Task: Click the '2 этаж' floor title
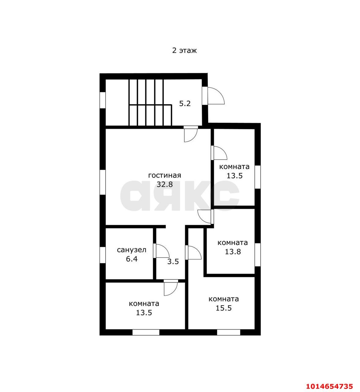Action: point(184,51)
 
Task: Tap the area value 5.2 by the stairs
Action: point(185,104)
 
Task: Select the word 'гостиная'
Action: point(164,175)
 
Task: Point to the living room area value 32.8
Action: point(165,184)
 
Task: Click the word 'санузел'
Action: point(132,250)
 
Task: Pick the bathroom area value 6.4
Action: point(132,259)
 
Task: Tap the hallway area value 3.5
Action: point(173,262)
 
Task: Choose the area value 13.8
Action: point(233,251)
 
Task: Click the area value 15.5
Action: point(223,308)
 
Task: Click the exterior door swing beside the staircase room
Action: point(216,96)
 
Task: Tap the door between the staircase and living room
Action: point(191,135)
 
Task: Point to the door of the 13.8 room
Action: point(204,217)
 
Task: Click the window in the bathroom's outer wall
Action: point(103,255)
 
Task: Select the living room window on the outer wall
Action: point(103,182)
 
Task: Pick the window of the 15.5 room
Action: point(229,332)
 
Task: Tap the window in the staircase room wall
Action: point(103,100)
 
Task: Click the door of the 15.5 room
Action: point(193,252)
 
